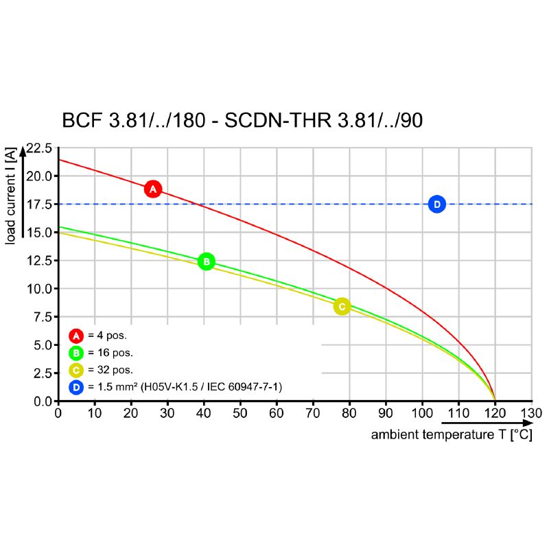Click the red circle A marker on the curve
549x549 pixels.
[x=153, y=189]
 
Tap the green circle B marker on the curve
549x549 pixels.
[x=207, y=261]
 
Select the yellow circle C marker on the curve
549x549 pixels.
[x=342, y=307]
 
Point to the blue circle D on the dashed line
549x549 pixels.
[x=437, y=204]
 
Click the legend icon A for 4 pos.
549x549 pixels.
[x=76, y=336]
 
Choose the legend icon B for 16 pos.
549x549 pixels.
[x=76, y=353]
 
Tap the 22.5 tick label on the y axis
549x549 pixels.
[x=38, y=148]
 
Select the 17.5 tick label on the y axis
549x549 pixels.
[x=38, y=205]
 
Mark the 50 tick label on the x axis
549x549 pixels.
[x=240, y=413]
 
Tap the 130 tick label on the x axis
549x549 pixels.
[x=530, y=413]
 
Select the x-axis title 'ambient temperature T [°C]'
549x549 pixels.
[x=452, y=435]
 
